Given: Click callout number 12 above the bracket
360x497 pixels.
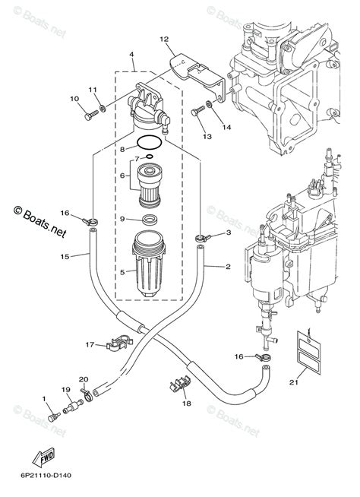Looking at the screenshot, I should pos(163,39).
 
